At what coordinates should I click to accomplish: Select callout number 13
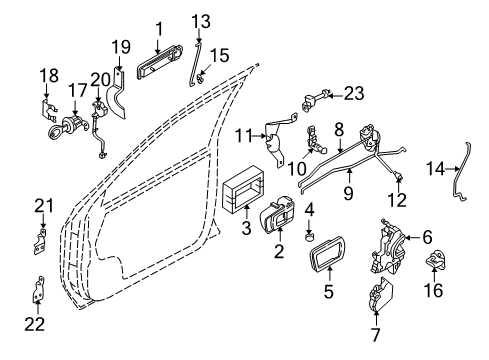(x=200, y=21)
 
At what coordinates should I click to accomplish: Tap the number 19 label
(x=120, y=46)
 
